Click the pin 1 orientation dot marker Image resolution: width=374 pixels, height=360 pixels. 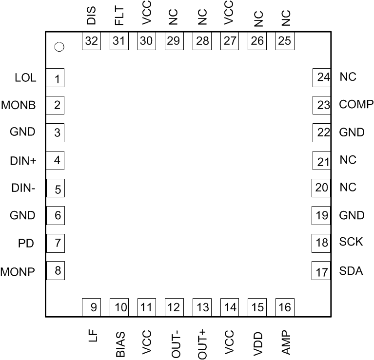pyautogui.click(x=59, y=47)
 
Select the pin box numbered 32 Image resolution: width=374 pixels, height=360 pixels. pyautogui.click(x=91, y=41)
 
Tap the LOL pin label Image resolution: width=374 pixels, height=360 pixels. pyautogui.click(x=25, y=77)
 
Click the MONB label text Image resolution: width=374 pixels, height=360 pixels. pyautogui.click(x=19, y=105)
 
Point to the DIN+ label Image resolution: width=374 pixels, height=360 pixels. pyautogui.click(x=23, y=160)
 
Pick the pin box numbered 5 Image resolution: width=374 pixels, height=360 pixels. pyautogui.click(x=56, y=188)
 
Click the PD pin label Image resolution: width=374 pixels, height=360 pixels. pyautogui.click(x=26, y=243)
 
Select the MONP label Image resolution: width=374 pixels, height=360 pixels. pyautogui.click(x=18, y=271)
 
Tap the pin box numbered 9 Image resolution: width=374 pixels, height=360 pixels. pyautogui.click(x=91, y=307)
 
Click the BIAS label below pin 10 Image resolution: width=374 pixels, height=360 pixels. pyautogui.click(x=120, y=344)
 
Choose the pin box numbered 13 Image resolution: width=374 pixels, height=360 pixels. pyautogui.click(x=202, y=307)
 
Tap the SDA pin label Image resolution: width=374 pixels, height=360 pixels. pyautogui.click(x=351, y=271)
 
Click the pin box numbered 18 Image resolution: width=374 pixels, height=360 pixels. pyautogui.click(x=321, y=243)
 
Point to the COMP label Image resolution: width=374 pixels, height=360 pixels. pyautogui.click(x=356, y=104)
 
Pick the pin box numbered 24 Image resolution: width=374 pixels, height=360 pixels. pyautogui.click(x=321, y=77)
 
